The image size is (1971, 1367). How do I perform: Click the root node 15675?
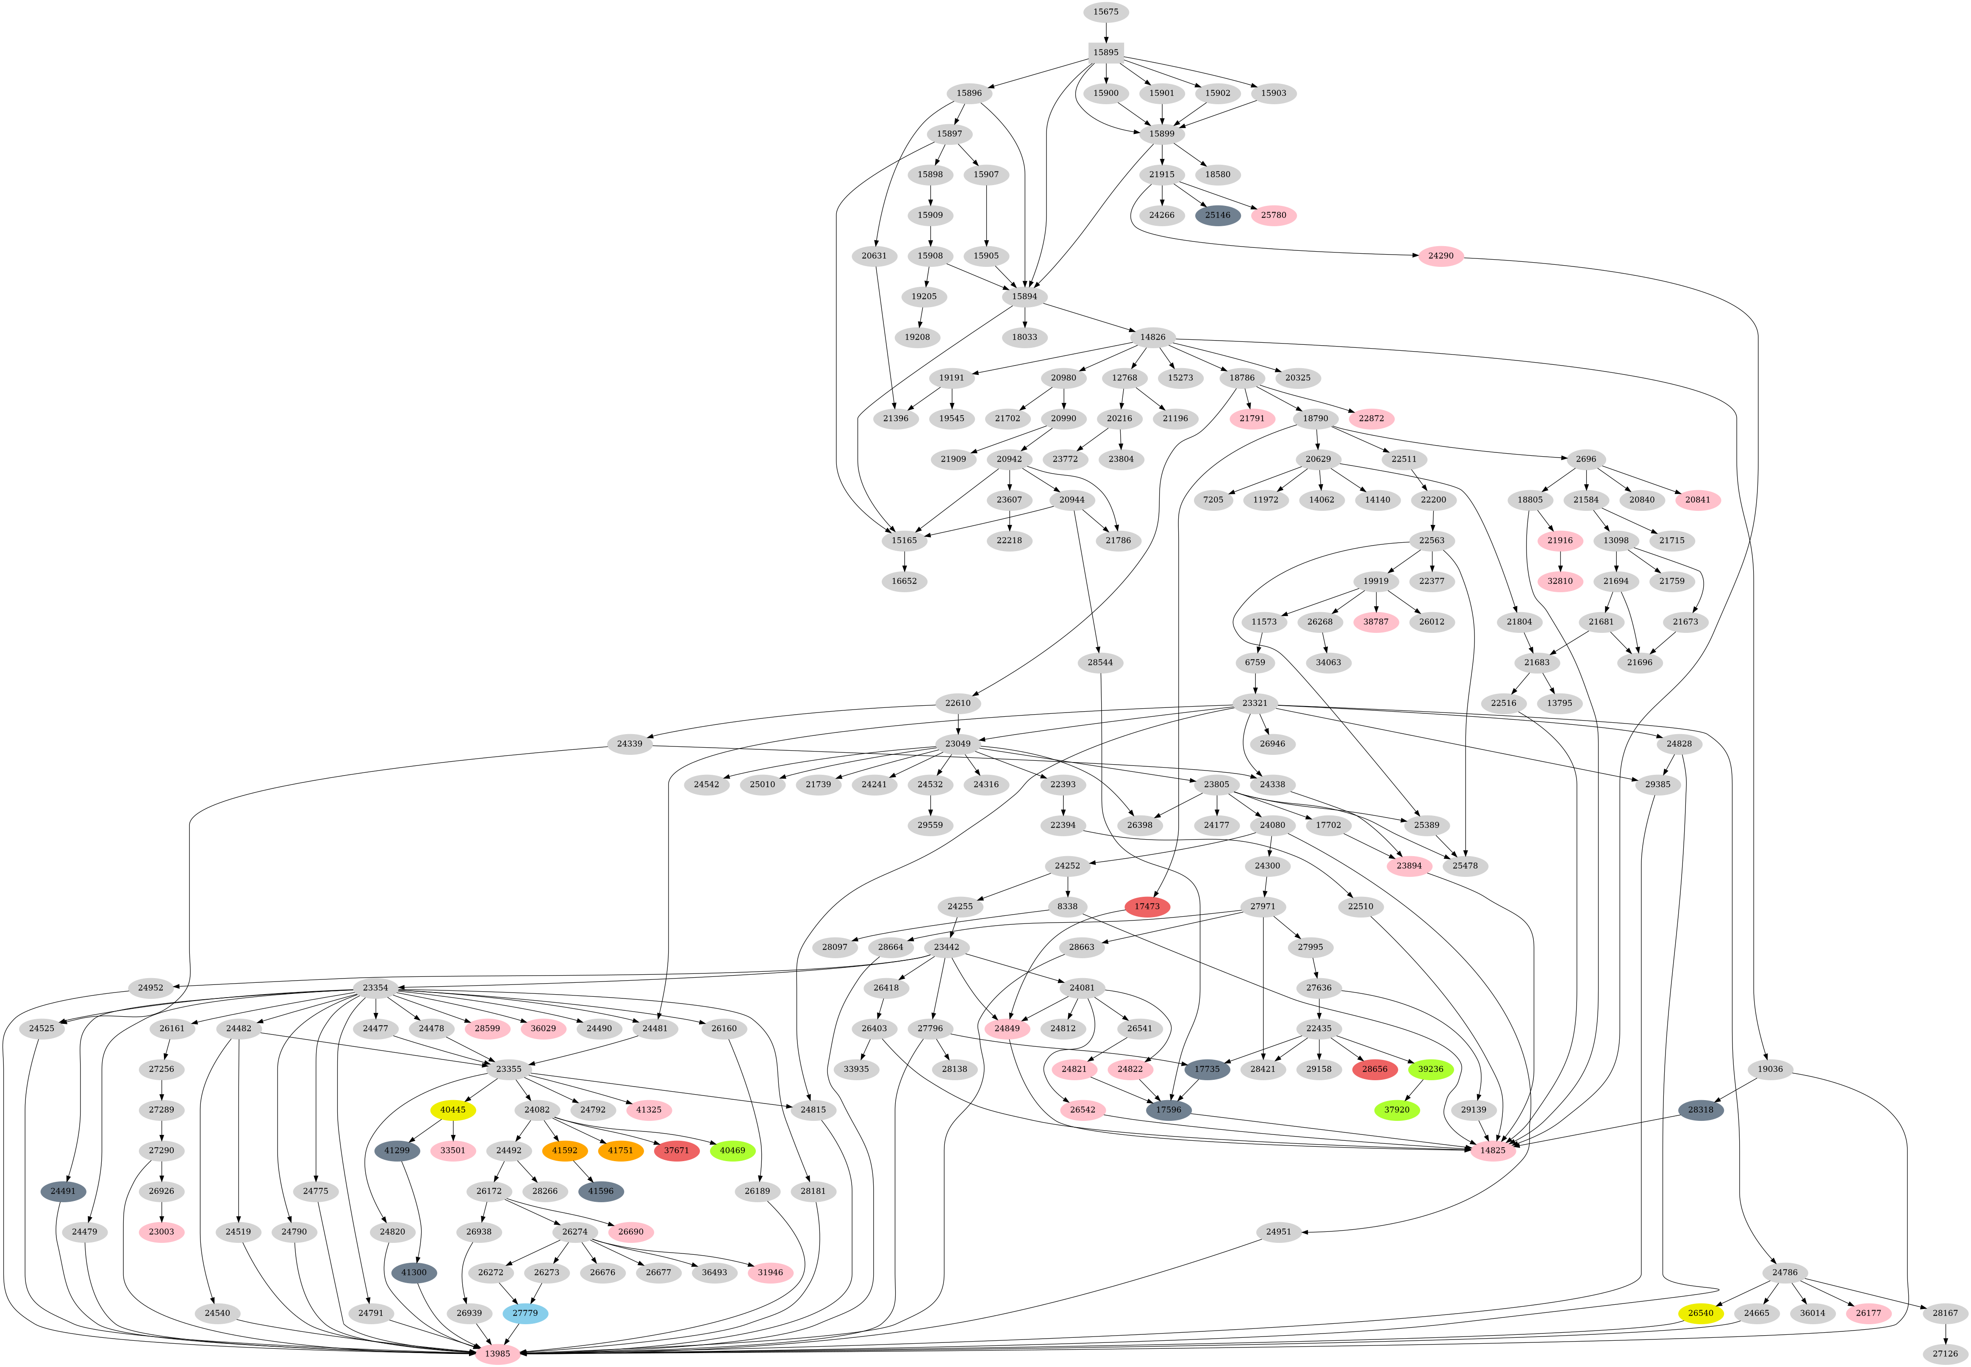click(x=1105, y=12)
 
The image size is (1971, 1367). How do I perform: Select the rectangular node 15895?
click(x=1105, y=52)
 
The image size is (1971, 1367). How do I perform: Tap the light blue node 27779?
click(x=525, y=1313)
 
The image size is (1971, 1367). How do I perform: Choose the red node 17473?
click(x=1147, y=906)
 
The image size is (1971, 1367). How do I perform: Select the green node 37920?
click(x=1396, y=1110)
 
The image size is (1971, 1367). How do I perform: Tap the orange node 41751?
click(x=620, y=1150)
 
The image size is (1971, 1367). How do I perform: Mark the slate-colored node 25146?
click(x=1217, y=215)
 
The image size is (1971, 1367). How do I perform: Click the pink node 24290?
click(x=1441, y=256)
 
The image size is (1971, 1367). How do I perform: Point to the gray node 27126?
click(x=1945, y=1353)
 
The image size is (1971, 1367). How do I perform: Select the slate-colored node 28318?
click(x=1700, y=1110)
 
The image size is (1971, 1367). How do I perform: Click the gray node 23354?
click(x=375, y=987)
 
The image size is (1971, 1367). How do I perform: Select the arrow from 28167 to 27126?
click(x=1945, y=1334)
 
